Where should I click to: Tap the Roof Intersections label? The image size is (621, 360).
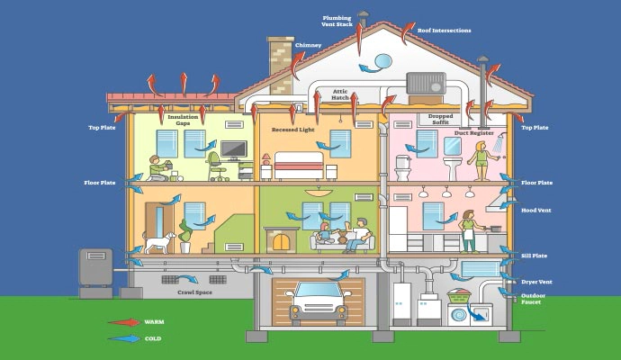[x=444, y=31]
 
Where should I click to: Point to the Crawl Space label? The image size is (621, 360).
[x=194, y=292]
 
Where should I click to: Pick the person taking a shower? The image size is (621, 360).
[x=482, y=160]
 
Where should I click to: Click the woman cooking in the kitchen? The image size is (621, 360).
[x=468, y=231]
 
